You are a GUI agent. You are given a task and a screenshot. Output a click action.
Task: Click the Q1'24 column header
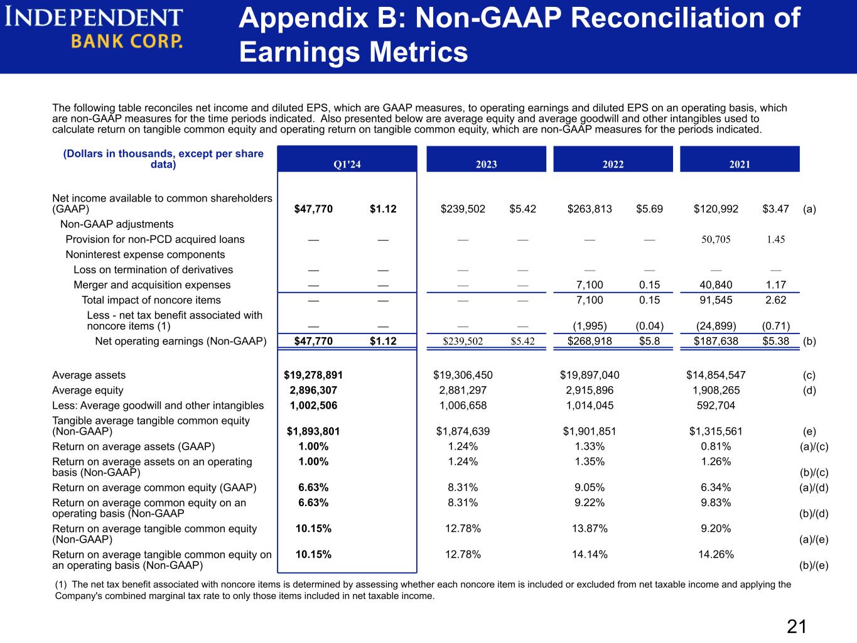click(347, 165)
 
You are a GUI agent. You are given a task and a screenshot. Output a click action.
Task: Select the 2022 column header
click(613, 165)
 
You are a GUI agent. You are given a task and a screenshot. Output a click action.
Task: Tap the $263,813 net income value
click(590, 209)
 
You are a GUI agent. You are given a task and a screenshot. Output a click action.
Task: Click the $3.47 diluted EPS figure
click(776, 209)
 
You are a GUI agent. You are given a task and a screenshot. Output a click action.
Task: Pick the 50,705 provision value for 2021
click(716, 239)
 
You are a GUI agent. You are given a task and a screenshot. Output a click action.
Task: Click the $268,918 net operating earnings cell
click(590, 341)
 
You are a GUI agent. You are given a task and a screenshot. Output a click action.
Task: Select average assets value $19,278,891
click(313, 375)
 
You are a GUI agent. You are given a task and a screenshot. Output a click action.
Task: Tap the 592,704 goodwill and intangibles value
click(716, 406)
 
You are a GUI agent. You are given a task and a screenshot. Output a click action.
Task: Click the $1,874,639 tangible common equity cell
click(463, 431)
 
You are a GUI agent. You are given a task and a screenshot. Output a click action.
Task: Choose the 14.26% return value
click(716, 554)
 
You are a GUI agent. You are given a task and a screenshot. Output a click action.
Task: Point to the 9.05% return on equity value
click(590, 488)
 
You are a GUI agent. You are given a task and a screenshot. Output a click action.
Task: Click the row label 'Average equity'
click(88, 391)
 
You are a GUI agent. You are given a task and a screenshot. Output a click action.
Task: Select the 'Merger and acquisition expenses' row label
click(152, 285)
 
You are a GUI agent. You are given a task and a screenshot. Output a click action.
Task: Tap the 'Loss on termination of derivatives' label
click(153, 270)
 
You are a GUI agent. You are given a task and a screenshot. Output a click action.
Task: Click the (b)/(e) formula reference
click(814, 566)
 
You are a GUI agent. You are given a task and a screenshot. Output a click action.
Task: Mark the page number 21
click(797, 627)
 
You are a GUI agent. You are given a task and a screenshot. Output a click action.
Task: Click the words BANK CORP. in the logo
click(127, 41)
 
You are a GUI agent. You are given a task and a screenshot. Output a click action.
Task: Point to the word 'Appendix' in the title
click(304, 18)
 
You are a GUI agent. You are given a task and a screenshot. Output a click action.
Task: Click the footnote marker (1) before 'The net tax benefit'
click(61, 585)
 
